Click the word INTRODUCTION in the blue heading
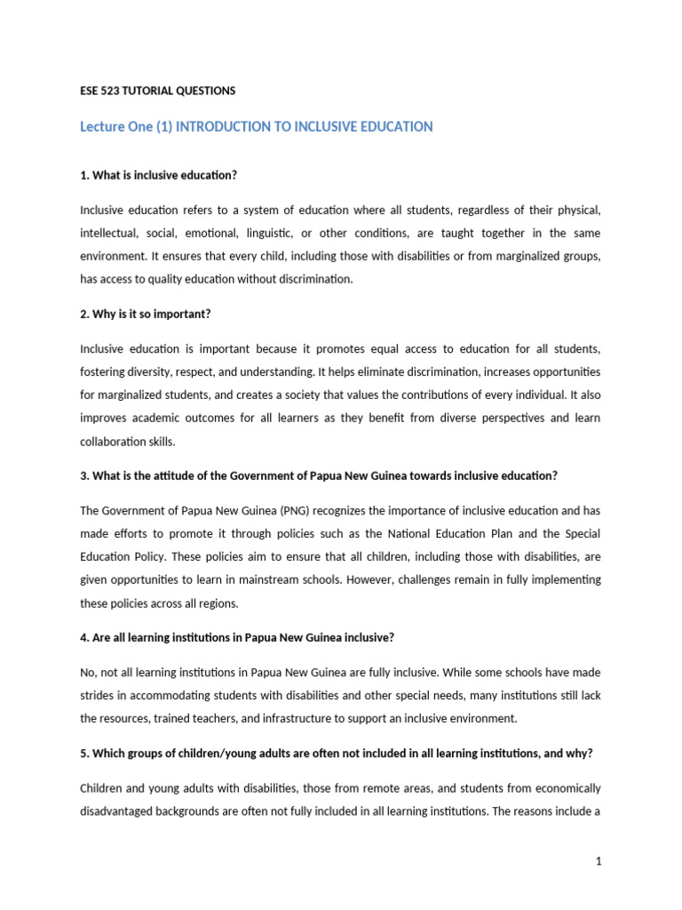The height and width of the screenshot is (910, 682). point(227,127)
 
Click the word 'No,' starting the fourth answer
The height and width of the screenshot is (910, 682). point(90,672)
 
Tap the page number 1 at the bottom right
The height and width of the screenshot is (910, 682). point(599,861)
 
